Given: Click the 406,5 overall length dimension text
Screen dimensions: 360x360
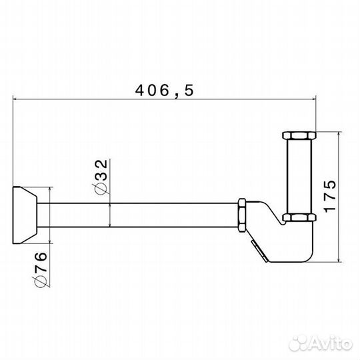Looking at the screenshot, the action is (x=165, y=90).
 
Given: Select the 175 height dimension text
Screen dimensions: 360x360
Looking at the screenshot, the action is (x=330, y=197).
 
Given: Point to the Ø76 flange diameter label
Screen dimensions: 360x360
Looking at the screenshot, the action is (x=41, y=269).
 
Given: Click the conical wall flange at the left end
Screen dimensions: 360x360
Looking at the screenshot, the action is (x=25, y=215).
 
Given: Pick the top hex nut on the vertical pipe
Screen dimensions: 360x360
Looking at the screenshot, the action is (x=299, y=135).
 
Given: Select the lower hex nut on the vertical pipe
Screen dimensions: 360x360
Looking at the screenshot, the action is (x=299, y=217).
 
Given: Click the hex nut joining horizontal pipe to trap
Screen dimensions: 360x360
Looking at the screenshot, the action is (x=242, y=215).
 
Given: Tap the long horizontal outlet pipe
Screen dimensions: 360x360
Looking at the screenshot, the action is (x=137, y=215).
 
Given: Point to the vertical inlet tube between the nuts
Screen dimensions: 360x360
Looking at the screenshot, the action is (x=299, y=176).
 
